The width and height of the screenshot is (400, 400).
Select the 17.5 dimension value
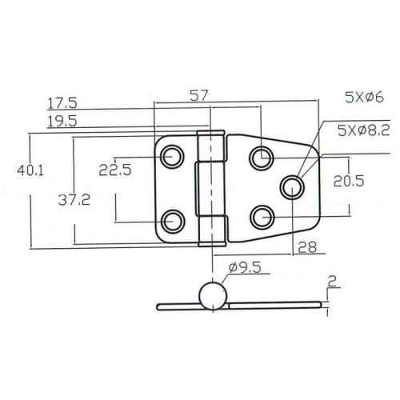(62, 103)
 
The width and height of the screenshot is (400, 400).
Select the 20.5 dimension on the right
(349, 182)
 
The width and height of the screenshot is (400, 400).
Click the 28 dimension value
(307, 249)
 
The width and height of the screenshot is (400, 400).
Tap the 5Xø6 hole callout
(364, 98)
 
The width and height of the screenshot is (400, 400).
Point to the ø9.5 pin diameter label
(245, 270)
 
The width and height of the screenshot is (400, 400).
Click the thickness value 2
(332, 281)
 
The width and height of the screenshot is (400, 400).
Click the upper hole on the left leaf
(171, 157)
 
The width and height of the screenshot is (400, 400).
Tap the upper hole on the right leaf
(260, 158)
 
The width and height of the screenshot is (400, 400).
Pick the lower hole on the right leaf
(260, 216)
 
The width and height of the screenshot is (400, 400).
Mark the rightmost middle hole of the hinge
(292, 187)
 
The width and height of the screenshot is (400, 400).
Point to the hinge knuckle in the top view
(210, 188)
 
